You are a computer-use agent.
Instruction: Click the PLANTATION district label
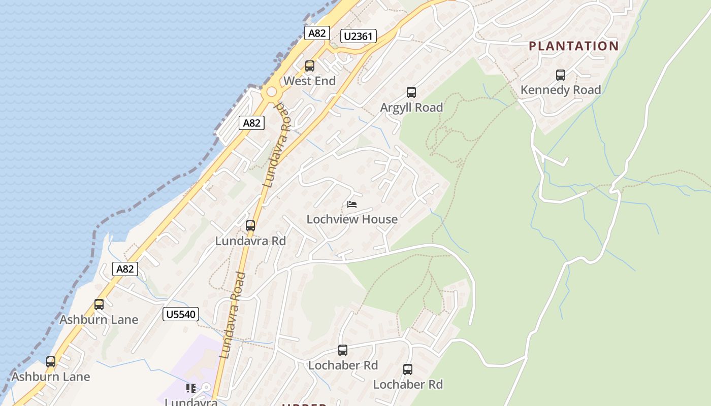574,46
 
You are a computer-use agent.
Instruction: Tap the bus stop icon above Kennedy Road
561,75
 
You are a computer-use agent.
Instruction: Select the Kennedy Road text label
561,90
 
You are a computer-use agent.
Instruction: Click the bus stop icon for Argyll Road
411,92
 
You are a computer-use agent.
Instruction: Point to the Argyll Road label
412,108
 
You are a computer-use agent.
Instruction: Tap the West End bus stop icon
310,66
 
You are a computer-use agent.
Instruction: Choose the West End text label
309,81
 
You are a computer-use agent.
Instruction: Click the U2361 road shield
359,36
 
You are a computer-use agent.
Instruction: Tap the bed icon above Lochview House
352,205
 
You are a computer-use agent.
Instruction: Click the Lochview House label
352,219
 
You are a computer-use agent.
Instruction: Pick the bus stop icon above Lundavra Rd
250,226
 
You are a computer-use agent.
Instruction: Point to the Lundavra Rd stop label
250,241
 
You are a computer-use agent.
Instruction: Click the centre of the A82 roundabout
272,92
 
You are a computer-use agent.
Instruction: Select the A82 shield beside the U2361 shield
317,33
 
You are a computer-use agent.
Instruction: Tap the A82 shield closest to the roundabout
252,123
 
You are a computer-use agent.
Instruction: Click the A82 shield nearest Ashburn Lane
125,269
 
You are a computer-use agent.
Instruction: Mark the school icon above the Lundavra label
191,388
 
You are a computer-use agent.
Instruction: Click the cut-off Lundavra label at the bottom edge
191,402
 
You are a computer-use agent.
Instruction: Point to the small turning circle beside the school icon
206,388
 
